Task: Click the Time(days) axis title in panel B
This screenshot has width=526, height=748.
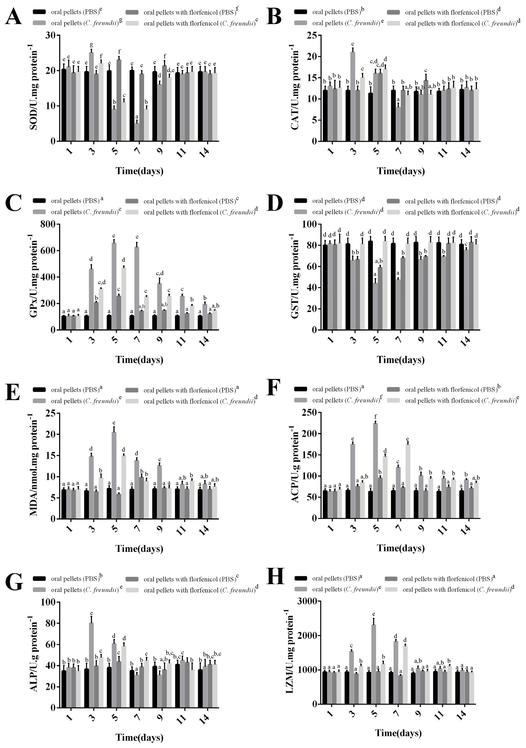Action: point(401,171)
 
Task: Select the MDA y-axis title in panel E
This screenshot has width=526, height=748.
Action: point(34,466)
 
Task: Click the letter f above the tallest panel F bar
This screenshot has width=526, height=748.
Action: point(376,417)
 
